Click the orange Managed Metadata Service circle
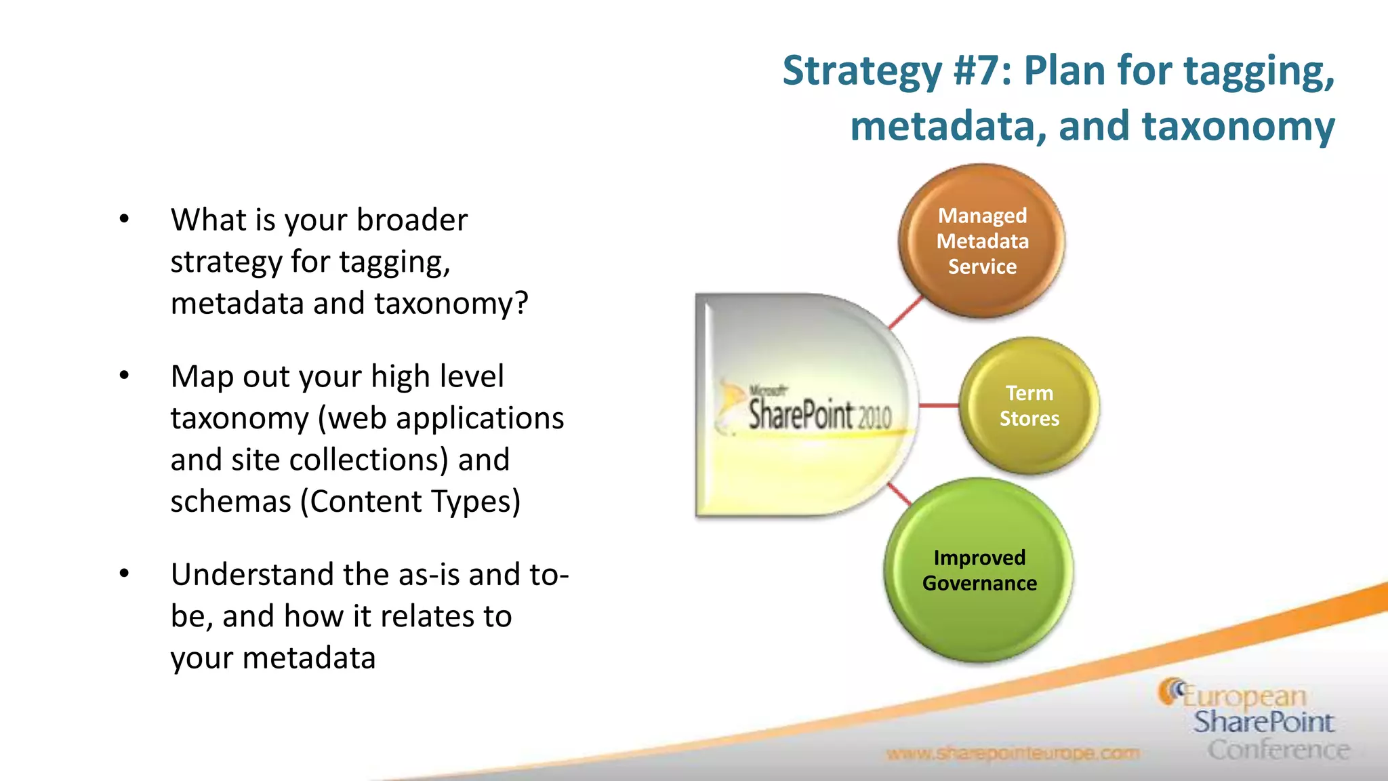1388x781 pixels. pyautogui.click(x=981, y=241)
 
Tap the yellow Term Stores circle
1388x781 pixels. pyautogui.click(x=1029, y=405)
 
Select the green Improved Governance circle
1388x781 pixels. pyautogui.click(x=979, y=570)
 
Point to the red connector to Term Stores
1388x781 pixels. pyautogui.click(x=939, y=405)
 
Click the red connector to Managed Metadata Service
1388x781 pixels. pyautogui.click(x=906, y=313)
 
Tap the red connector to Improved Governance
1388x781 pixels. pyautogui.click(x=899, y=494)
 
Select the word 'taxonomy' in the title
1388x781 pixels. pyautogui.click(x=1238, y=126)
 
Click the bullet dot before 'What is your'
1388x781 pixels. pyautogui.click(x=124, y=219)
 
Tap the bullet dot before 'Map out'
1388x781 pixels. pyautogui.click(x=124, y=376)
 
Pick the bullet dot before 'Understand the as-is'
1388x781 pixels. pyautogui.click(x=124, y=574)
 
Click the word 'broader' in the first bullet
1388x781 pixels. pyautogui.click(x=411, y=220)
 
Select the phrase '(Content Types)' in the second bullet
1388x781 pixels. pyautogui.click(x=411, y=502)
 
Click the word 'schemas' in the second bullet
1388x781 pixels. pyautogui.click(x=230, y=502)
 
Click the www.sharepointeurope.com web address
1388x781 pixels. pyautogui.click(x=1013, y=753)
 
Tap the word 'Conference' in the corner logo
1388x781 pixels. pyautogui.click(x=1278, y=750)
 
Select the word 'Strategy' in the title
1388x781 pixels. pyautogui.click(x=861, y=71)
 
